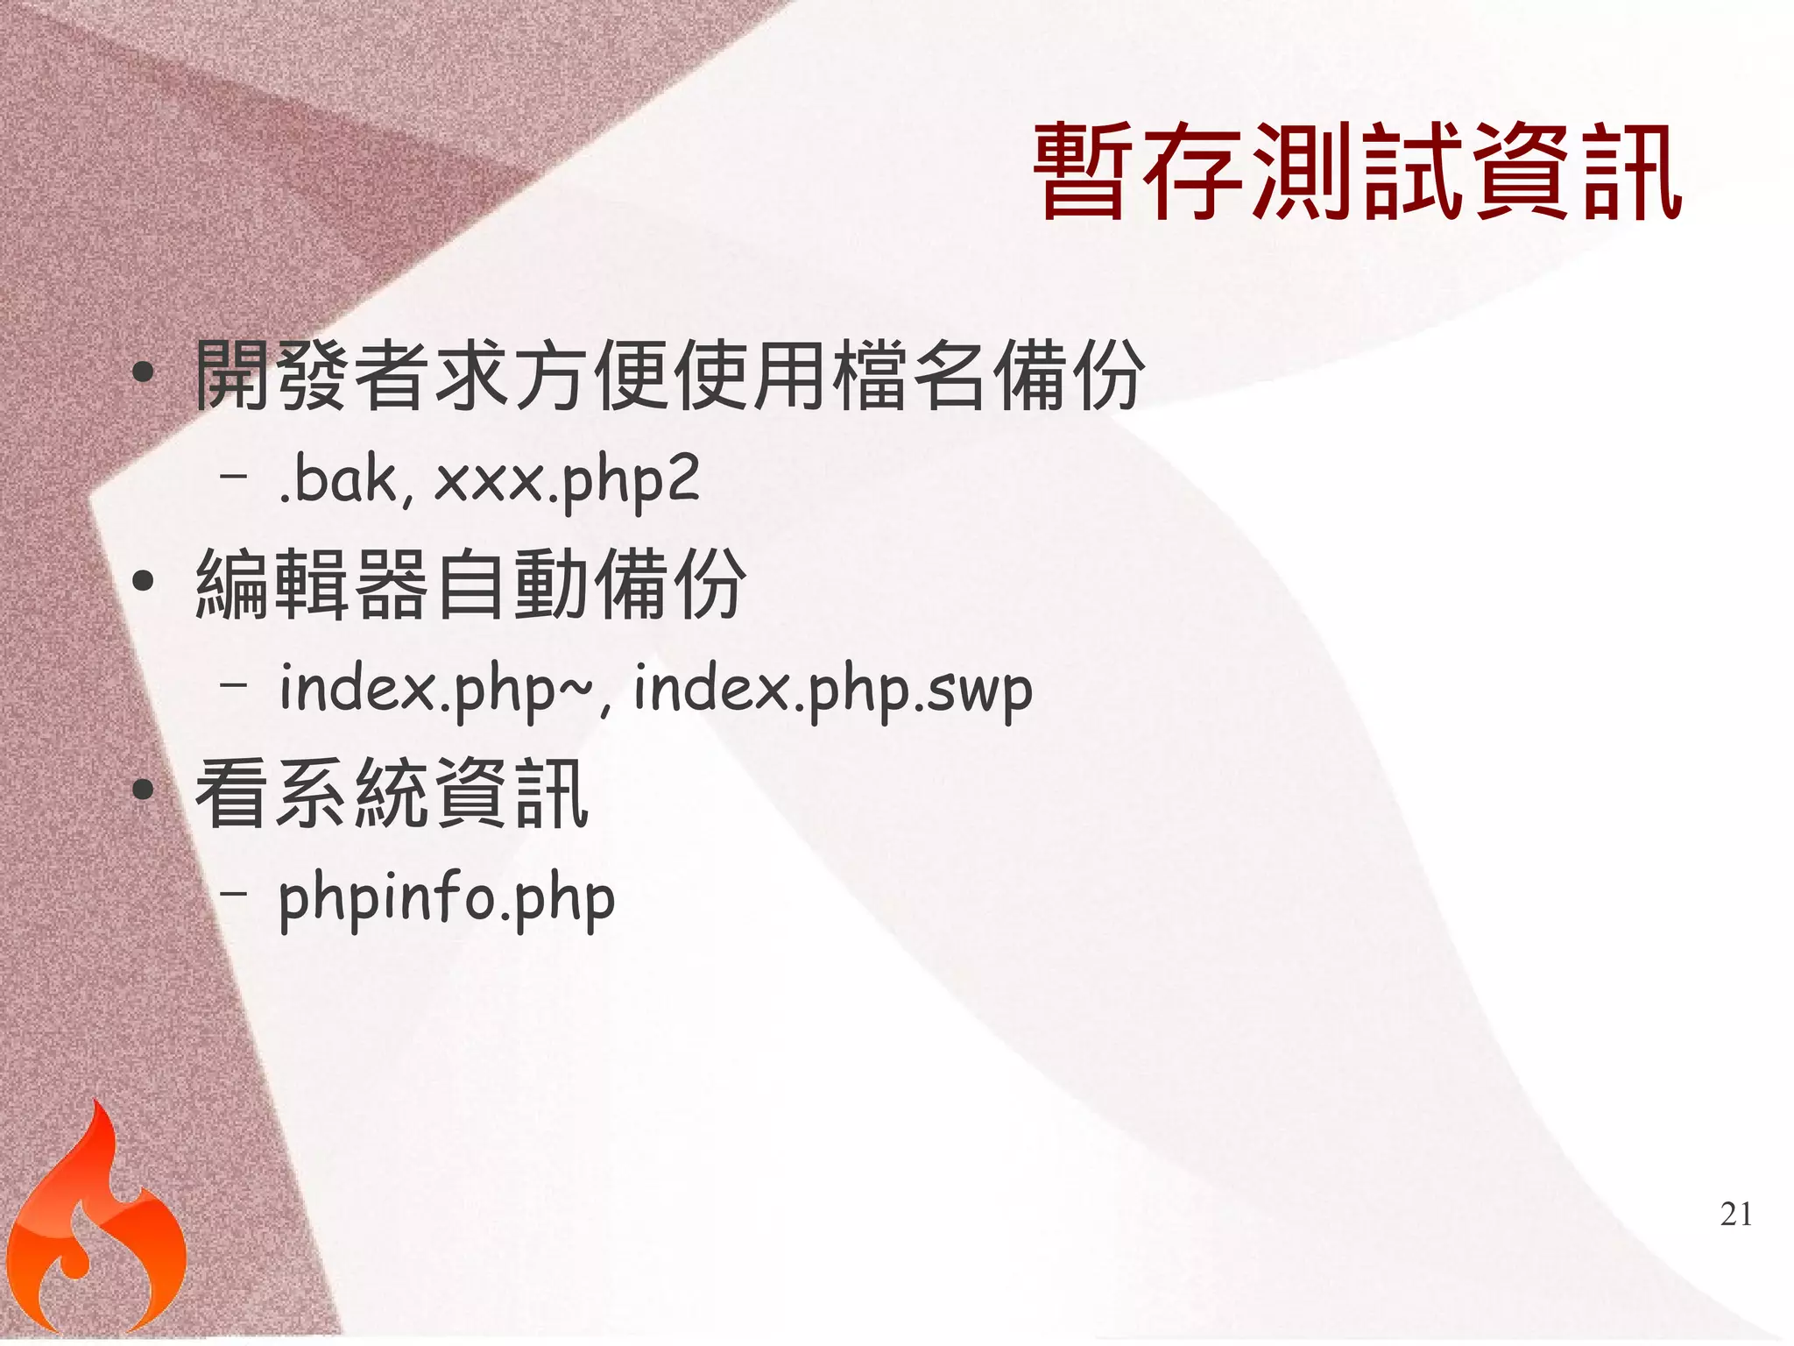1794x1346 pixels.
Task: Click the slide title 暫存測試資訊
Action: click(x=1358, y=172)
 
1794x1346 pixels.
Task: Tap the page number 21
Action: click(x=1735, y=1215)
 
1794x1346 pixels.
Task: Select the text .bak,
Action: click(x=345, y=481)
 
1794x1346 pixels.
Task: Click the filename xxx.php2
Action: click(x=567, y=481)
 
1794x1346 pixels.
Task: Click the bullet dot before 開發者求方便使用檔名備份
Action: click(x=143, y=374)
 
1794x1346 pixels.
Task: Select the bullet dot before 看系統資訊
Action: click(x=143, y=790)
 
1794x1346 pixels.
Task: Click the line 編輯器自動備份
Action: click(x=470, y=584)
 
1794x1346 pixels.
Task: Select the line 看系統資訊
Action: click(x=392, y=793)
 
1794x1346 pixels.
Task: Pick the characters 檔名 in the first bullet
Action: click(x=909, y=376)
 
